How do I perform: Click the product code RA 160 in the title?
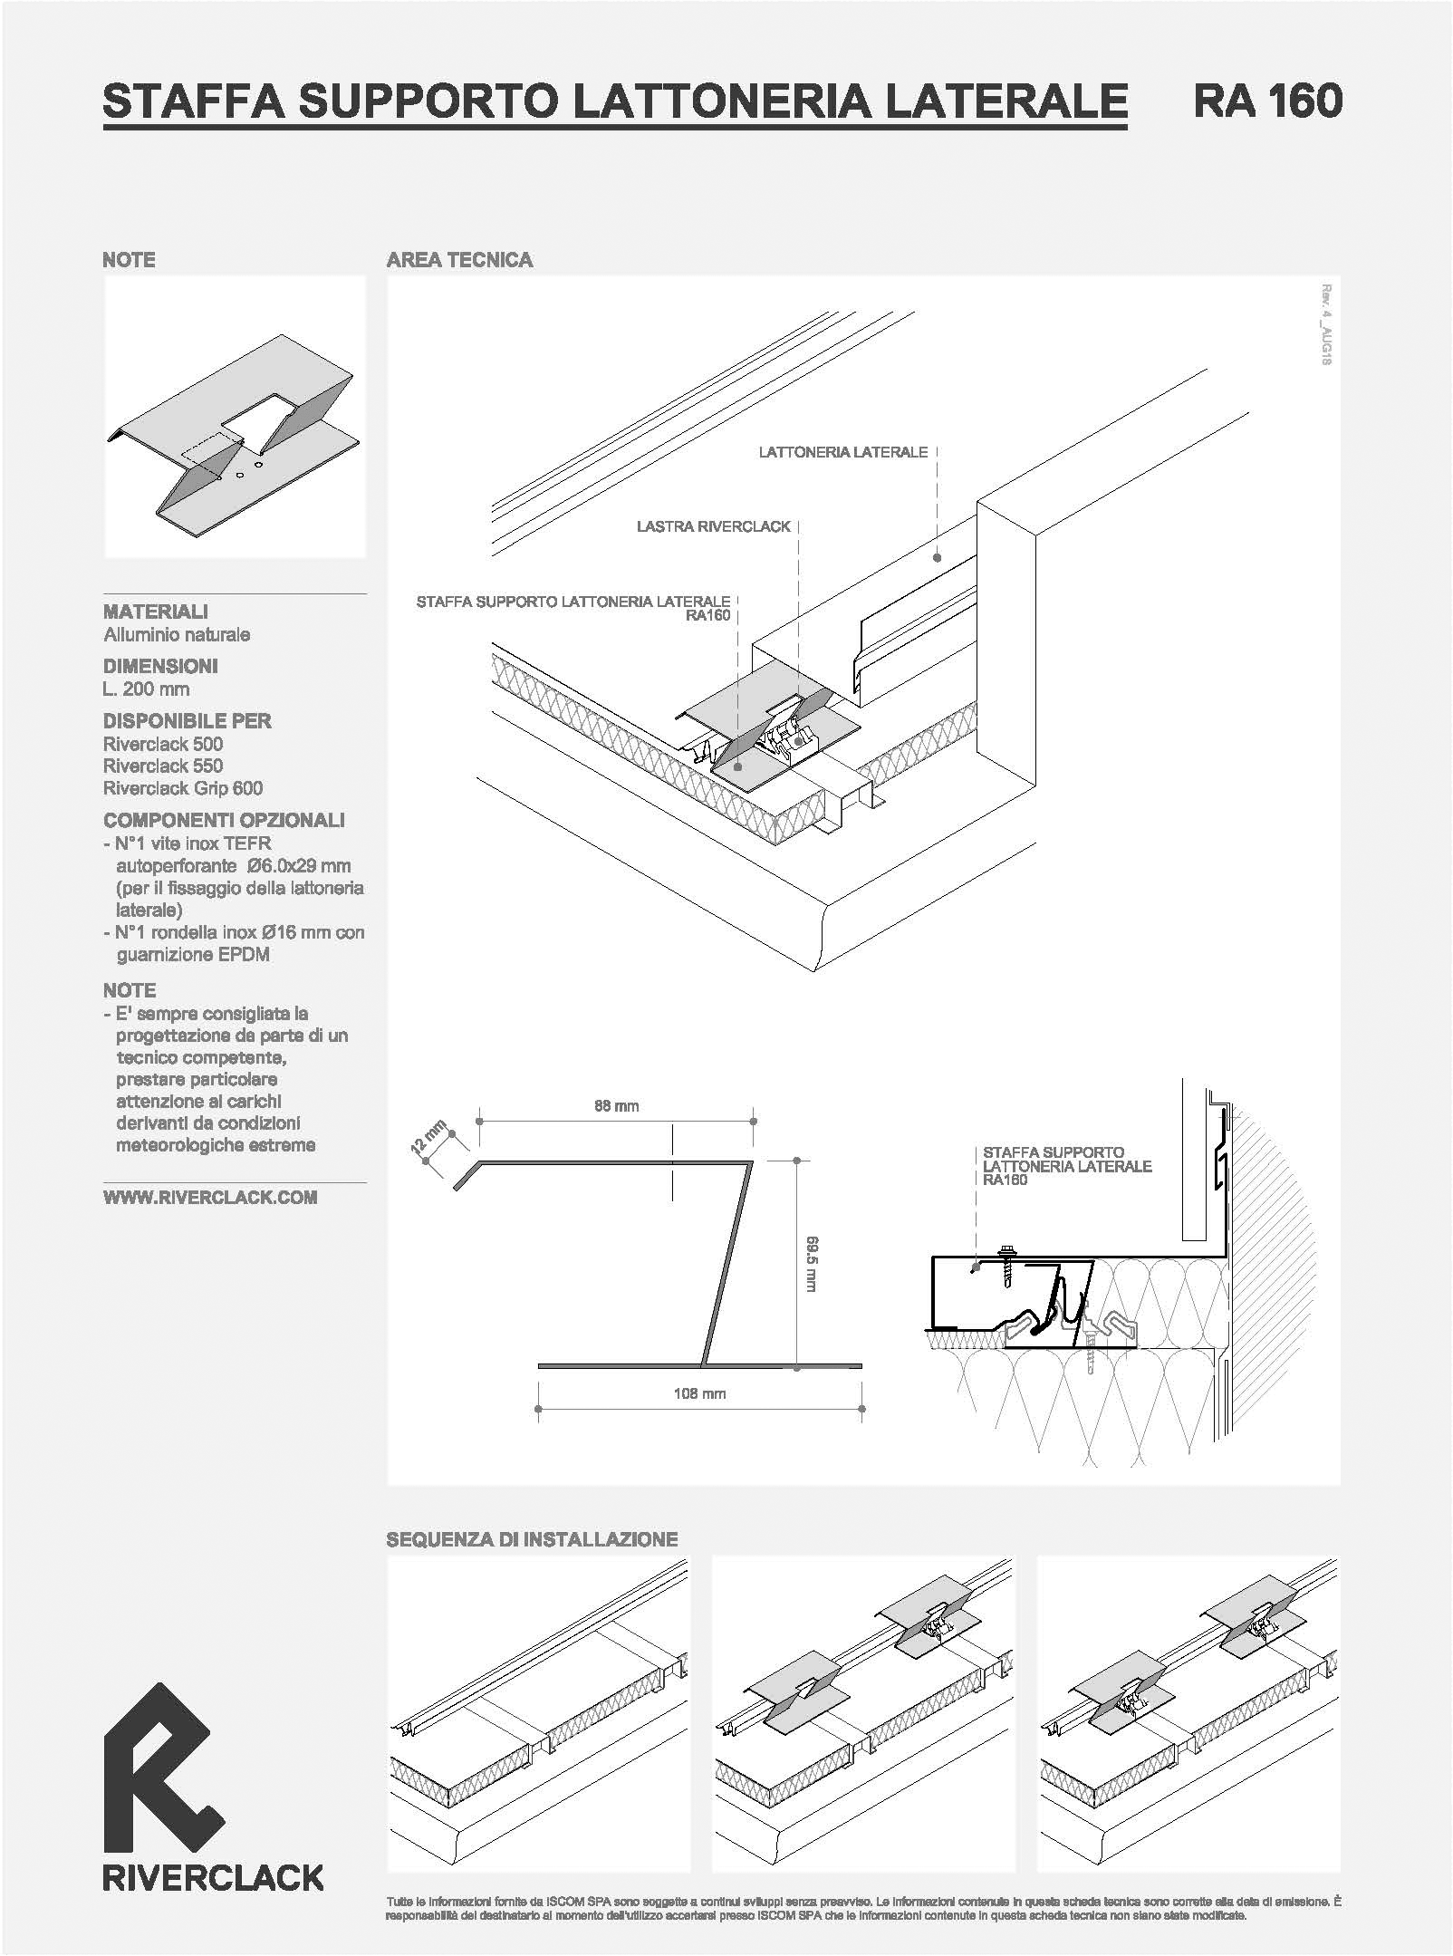click(1267, 101)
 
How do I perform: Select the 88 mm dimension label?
click(616, 1105)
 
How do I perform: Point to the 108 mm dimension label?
click(699, 1393)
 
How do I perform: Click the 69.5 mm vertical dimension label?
click(813, 1264)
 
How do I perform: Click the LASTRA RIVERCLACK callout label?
click(713, 525)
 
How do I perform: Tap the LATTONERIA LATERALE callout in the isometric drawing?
click(842, 451)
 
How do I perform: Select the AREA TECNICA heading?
click(459, 260)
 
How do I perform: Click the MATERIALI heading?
click(156, 612)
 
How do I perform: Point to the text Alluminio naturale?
click(177, 634)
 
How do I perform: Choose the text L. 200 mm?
click(147, 689)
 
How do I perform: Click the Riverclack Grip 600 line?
click(183, 788)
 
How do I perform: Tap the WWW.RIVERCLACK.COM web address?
click(210, 1197)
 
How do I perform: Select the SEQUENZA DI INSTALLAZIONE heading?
click(532, 1539)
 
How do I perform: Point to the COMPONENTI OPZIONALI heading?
click(224, 820)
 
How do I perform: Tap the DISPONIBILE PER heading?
click(188, 721)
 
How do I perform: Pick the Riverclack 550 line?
click(163, 766)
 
